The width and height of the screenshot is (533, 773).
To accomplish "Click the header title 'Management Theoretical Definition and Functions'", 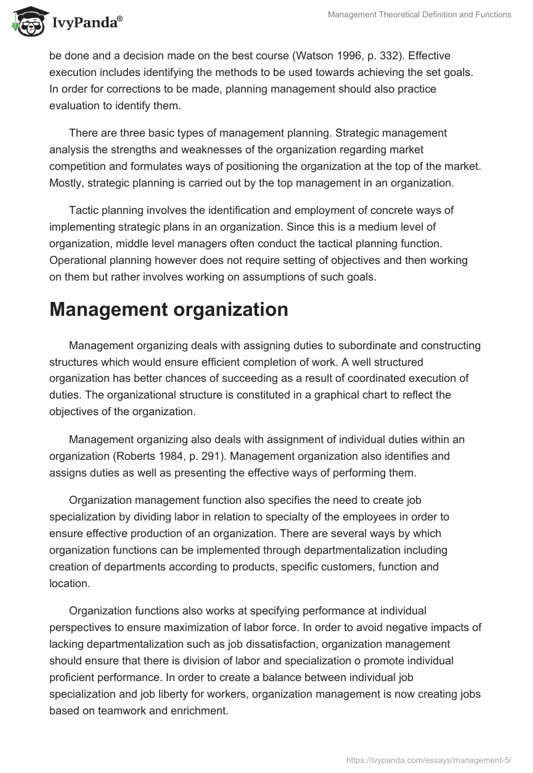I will [420, 15].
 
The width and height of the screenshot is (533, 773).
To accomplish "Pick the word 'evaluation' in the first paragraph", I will [76, 105].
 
